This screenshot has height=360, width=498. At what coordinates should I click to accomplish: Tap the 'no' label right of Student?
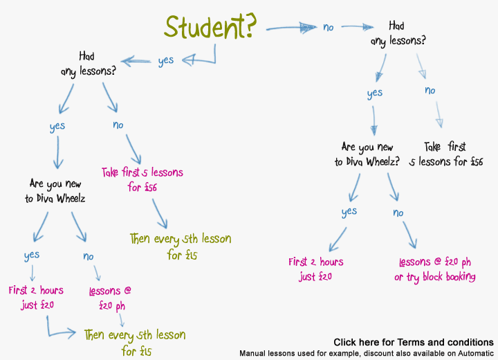pyautogui.click(x=329, y=28)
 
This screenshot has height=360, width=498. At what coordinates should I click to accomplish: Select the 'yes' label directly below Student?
pyautogui.click(x=166, y=60)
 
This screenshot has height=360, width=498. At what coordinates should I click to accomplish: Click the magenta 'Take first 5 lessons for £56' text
pyautogui.click(x=142, y=179)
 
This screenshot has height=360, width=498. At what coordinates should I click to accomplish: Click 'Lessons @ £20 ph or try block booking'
pyautogui.click(x=435, y=269)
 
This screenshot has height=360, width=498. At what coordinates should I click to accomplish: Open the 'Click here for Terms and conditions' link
pyautogui.click(x=413, y=342)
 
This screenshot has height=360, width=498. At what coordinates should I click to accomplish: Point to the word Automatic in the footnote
pyautogui.click(x=477, y=353)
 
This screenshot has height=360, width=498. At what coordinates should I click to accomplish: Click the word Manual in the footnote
pyautogui.click(x=254, y=353)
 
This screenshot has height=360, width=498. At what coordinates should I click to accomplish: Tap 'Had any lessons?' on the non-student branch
pyautogui.click(x=398, y=33)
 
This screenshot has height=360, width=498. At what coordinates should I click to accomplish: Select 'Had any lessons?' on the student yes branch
pyautogui.click(x=87, y=64)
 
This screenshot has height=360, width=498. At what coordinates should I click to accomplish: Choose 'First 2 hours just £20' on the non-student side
pyautogui.click(x=316, y=269)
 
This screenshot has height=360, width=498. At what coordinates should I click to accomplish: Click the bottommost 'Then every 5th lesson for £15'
pyautogui.click(x=134, y=342)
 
